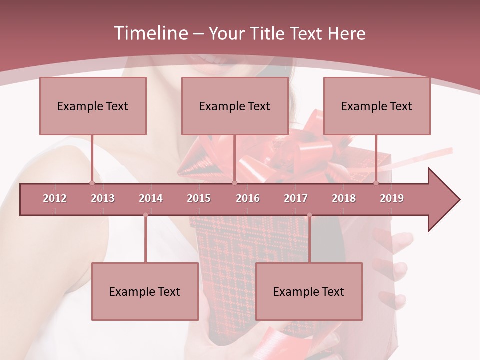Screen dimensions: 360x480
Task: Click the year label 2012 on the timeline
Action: click(x=55, y=198)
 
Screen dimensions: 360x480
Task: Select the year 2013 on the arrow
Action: click(x=103, y=198)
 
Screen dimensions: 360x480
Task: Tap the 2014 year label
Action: click(x=151, y=198)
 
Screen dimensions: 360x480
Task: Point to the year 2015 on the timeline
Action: click(x=199, y=198)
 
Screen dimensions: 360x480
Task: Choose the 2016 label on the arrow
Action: click(x=248, y=198)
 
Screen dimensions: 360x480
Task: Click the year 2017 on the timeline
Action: click(x=296, y=198)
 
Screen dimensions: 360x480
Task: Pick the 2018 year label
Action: click(x=344, y=198)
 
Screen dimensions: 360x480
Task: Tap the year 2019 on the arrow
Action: click(x=392, y=198)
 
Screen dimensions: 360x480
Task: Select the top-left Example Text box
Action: click(x=93, y=106)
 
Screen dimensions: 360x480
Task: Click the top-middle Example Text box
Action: click(x=235, y=106)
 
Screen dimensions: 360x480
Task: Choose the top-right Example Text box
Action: click(x=377, y=106)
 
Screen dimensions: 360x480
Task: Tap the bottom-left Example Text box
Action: click(x=145, y=291)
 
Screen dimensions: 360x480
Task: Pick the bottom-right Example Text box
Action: click(x=309, y=291)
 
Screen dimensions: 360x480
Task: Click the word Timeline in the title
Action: click(x=149, y=33)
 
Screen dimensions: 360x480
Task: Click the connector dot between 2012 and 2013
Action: click(x=92, y=183)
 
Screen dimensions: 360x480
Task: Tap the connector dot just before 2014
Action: click(x=145, y=215)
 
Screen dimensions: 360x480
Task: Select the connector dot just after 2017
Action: click(x=309, y=215)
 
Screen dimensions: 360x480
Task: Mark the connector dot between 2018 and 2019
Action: click(x=376, y=183)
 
